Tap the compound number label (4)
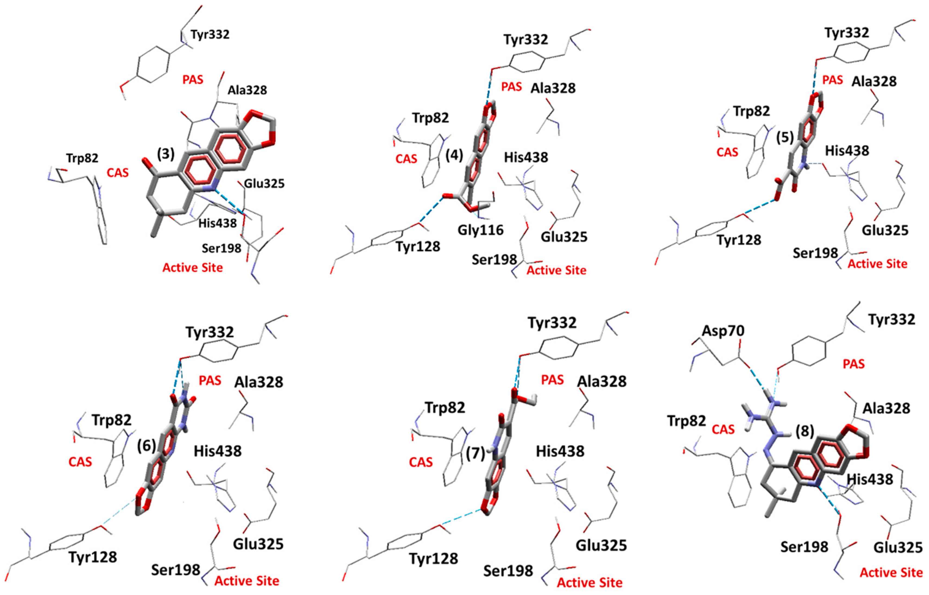[x=454, y=155]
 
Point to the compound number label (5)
[x=785, y=137]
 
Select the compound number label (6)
[x=147, y=446]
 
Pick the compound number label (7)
[x=475, y=453]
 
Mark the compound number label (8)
[x=805, y=431]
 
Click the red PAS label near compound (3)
[x=193, y=80]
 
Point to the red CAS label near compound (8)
[x=723, y=429]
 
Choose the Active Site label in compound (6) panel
[x=247, y=581]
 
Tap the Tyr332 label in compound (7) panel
[x=552, y=322]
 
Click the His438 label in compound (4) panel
[x=526, y=157]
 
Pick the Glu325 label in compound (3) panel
[x=264, y=183]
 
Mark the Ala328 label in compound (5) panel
[x=874, y=81]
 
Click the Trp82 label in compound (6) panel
[x=112, y=420]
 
